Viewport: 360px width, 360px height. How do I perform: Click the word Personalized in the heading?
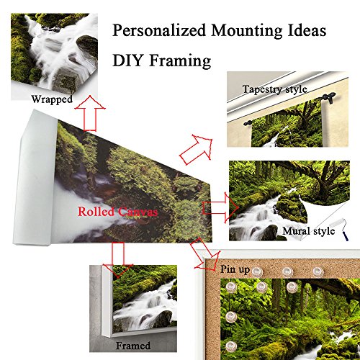[159, 30]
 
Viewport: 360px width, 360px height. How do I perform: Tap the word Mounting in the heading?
[246, 30]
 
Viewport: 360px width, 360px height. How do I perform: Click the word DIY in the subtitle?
[128, 60]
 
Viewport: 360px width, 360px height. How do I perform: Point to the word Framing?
[180, 61]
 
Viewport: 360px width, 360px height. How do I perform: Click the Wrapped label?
[52, 99]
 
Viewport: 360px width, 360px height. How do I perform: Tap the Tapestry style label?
[274, 89]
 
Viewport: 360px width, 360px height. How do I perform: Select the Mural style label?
[309, 231]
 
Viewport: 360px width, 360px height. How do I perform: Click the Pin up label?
[235, 269]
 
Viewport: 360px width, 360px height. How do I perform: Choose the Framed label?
[133, 346]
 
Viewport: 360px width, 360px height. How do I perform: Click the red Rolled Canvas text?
[117, 212]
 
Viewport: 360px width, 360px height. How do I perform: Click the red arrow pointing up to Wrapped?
[90, 113]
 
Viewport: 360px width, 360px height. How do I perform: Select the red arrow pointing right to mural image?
[220, 208]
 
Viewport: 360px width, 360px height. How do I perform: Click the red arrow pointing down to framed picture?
[118, 260]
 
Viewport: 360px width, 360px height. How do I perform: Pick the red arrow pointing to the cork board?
[205, 253]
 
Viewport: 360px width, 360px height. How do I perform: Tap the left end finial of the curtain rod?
[248, 123]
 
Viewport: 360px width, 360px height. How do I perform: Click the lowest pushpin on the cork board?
[231, 346]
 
